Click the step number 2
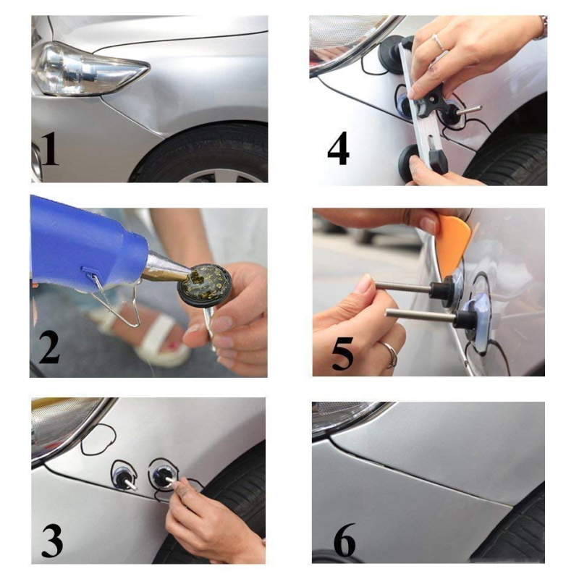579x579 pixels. [49, 347]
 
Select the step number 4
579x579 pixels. [338, 150]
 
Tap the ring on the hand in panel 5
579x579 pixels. [391, 355]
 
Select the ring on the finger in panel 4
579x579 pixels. [438, 41]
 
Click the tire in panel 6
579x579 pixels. [517, 532]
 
